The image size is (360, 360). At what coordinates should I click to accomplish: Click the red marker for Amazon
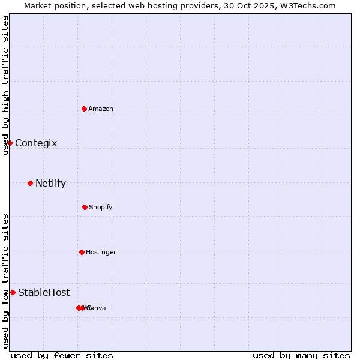[x=84, y=109]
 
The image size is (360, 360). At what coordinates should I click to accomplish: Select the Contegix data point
[x=10, y=143]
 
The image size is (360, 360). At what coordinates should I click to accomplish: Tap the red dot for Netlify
[x=30, y=183]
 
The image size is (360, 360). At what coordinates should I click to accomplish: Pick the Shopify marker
[x=85, y=207]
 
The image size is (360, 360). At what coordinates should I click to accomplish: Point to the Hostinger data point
[x=82, y=252]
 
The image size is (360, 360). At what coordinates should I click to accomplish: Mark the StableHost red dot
[x=13, y=292]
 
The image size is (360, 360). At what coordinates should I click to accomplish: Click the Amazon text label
[x=101, y=109]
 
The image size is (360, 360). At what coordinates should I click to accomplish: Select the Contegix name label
[x=36, y=143]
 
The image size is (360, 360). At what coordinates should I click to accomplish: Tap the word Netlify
[x=50, y=183]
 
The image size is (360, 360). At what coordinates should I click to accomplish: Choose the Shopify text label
[x=101, y=207]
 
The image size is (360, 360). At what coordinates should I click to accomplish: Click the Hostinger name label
[x=101, y=252]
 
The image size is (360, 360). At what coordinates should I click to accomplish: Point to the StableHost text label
[x=44, y=292]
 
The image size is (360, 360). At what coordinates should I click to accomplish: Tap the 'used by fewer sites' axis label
[x=62, y=355]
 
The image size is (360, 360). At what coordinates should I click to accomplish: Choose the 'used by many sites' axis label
[x=301, y=355]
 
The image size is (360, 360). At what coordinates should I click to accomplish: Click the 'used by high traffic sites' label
[x=5, y=85]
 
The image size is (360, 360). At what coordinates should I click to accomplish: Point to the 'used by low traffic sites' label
[x=5, y=280]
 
